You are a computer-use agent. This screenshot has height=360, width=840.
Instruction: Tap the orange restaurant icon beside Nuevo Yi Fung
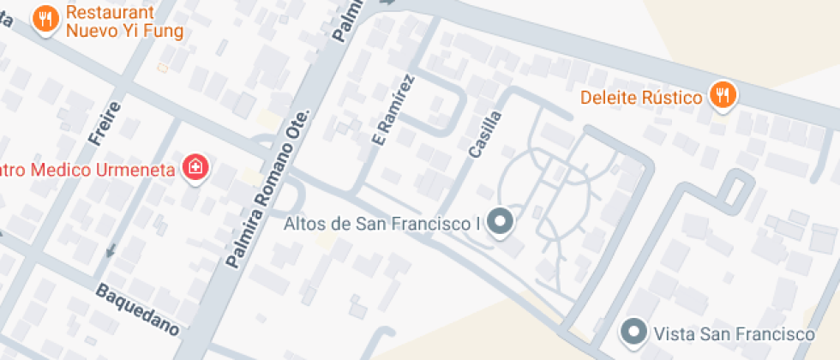click(45, 19)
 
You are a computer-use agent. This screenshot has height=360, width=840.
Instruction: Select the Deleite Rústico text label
click(641, 97)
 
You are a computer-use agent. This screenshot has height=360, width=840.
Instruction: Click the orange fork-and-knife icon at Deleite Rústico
click(723, 95)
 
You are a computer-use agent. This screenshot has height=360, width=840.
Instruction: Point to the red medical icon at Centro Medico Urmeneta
click(195, 168)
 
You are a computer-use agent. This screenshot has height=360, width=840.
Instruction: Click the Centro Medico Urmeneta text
click(86, 169)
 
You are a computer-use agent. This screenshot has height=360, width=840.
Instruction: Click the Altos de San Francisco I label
click(381, 224)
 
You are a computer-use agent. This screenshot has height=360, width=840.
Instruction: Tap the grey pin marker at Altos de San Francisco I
click(499, 223)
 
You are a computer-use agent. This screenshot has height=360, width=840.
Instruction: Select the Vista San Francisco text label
click(734, 333)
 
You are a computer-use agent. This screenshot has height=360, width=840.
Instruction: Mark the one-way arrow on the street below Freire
click(110, 250)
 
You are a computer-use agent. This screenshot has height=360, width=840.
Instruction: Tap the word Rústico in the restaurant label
click(674, 97)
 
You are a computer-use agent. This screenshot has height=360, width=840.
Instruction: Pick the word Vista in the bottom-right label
click(672, 333)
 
